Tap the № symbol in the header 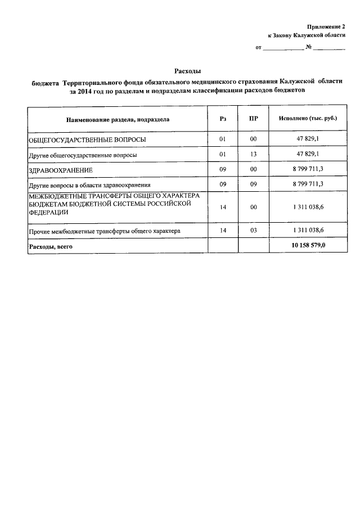308,47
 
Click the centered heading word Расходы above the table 187,71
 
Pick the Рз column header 223,119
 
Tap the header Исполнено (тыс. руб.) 308,119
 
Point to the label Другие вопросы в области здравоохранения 90,184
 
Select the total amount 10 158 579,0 308,246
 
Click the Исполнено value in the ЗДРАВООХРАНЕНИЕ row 308,169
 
